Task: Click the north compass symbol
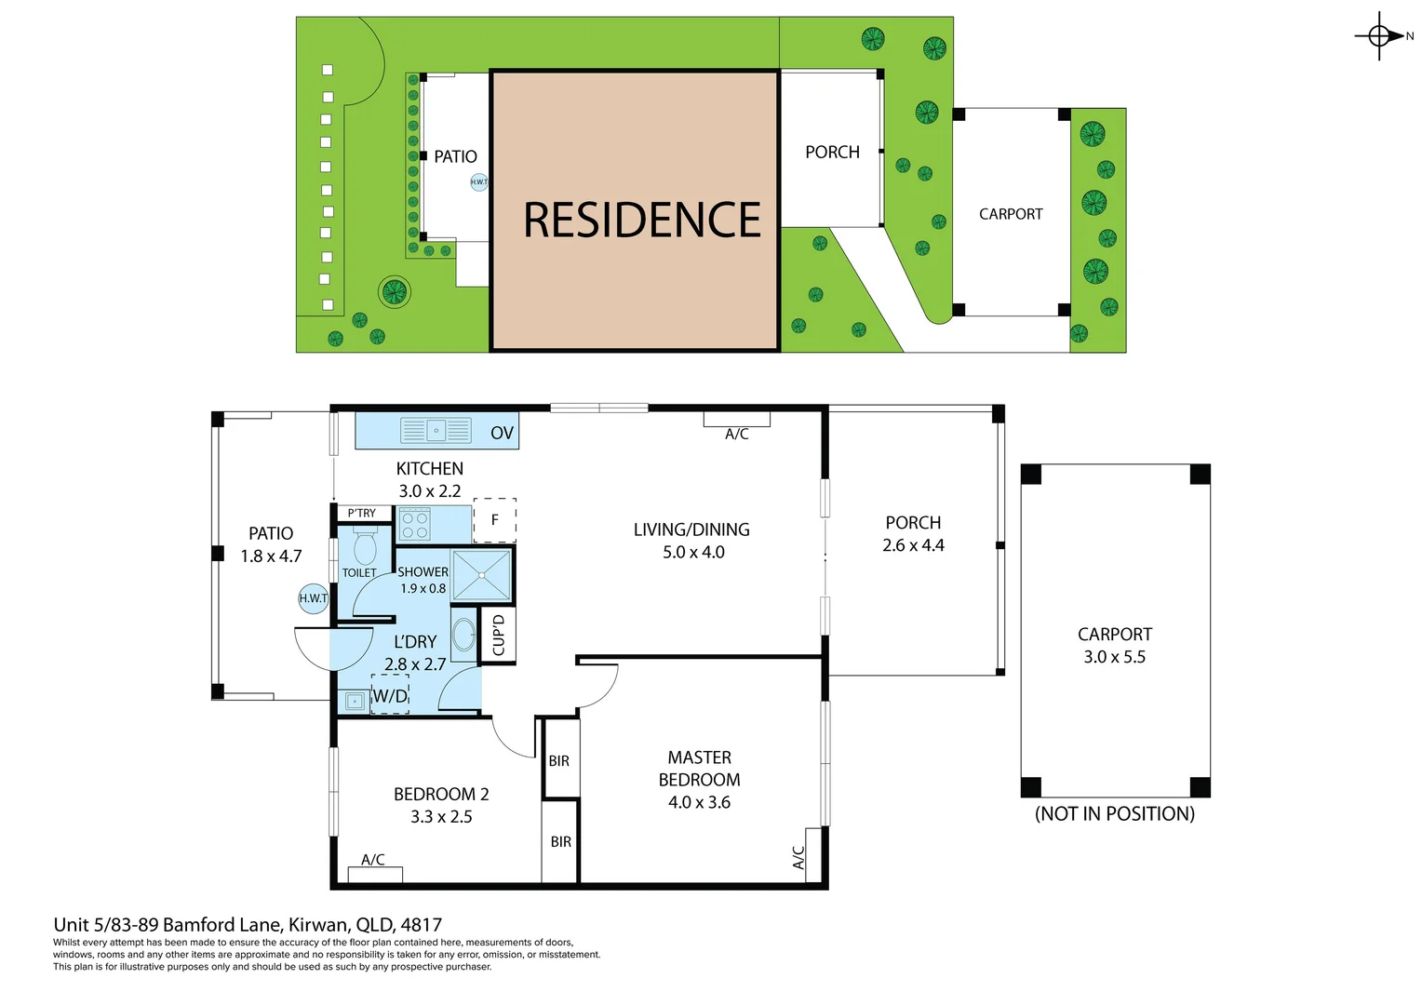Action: click(x=1379, y=36)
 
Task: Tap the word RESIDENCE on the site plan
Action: click(x=641, y=221)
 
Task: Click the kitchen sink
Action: click(x=436, y=431)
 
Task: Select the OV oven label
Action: click(x=502, y=433)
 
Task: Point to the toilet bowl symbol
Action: click(x=364, y=546)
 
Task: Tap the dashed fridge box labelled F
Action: click(x=495, y=520)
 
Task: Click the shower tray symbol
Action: click(x=481, y=575)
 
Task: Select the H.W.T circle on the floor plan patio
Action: click(x=314, y=598)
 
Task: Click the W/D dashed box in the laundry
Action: click(x=390, y=696)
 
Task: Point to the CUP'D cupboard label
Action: click(x=498, y=635)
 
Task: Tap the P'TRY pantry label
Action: click(x=361, y=513)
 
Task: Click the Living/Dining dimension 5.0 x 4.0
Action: click(x=693, y=552)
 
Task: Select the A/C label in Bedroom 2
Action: click(x=373, y=860)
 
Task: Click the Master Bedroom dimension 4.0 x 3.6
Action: click(x=699, y=802)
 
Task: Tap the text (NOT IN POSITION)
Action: click(x=1114, y=814)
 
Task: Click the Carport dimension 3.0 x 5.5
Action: click(x=1114, y=657)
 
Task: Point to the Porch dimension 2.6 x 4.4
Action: click(x=913, y=545)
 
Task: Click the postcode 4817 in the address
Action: click(x=421, y=925)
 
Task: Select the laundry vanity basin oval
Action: click(x=463, y=636)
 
